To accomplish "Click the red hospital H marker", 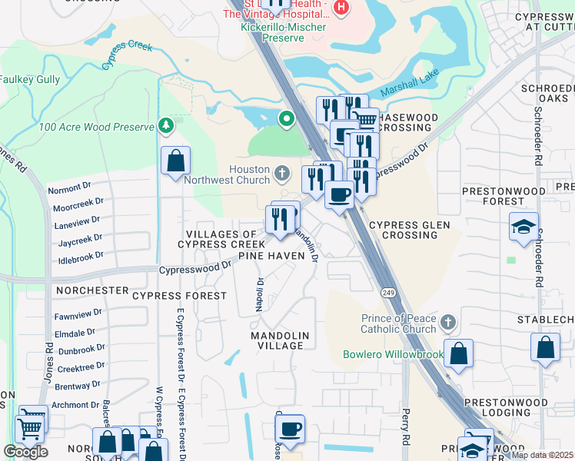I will (x=341, y=8).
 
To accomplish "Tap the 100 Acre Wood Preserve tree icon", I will (x=165, y=125).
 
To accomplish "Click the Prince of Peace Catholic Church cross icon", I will (x=448, y=321).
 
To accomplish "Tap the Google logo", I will (x=25, y=452).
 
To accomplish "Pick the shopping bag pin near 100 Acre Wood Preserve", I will (x=175, y=162).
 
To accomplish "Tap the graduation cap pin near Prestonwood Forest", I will (x=523, y=227).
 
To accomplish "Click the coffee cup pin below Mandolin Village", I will (x=290, y=429).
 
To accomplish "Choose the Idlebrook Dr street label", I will (x=79, y=255).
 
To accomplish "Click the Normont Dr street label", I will (x=69, y=187).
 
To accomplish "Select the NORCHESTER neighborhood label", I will (x=92, y=290).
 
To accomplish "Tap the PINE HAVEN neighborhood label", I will (x=267, y=255).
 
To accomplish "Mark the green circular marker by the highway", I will (x=286, y=119).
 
